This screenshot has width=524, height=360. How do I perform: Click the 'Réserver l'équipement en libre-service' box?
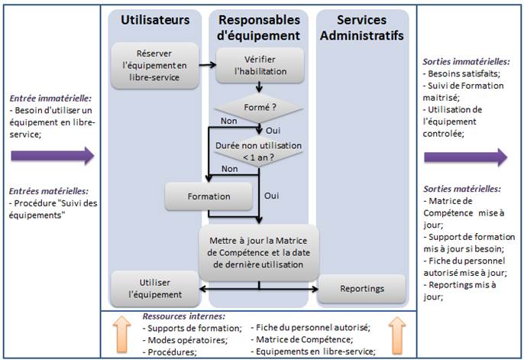pos(155,64)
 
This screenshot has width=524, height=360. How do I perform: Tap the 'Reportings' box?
pos(361,288)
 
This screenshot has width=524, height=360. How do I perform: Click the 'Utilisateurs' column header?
pos(155,20)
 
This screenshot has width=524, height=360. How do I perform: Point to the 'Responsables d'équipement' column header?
pos(260,27)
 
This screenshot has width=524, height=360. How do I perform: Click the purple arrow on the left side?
pos(51,156)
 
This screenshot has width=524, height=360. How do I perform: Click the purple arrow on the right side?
pos(465,157)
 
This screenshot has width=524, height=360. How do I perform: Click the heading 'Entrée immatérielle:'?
pos(50,98)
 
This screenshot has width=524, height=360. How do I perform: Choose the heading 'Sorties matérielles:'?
pos(462,188)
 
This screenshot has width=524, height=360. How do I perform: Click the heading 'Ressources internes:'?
pos(184,316)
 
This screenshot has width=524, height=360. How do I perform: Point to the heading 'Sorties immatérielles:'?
pos(466,61)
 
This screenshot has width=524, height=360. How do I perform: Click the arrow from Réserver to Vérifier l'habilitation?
pos(206,65)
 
